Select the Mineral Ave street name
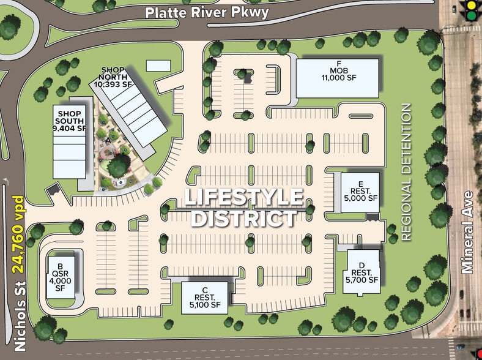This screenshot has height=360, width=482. coord(469,233)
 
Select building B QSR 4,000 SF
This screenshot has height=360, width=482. coord(60,277)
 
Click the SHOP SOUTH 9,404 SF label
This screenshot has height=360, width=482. coord(70,121)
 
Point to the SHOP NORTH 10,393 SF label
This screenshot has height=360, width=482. coord(117,77)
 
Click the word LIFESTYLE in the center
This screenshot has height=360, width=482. coord(244,198)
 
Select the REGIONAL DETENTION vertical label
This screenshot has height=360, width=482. coord(407,171)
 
